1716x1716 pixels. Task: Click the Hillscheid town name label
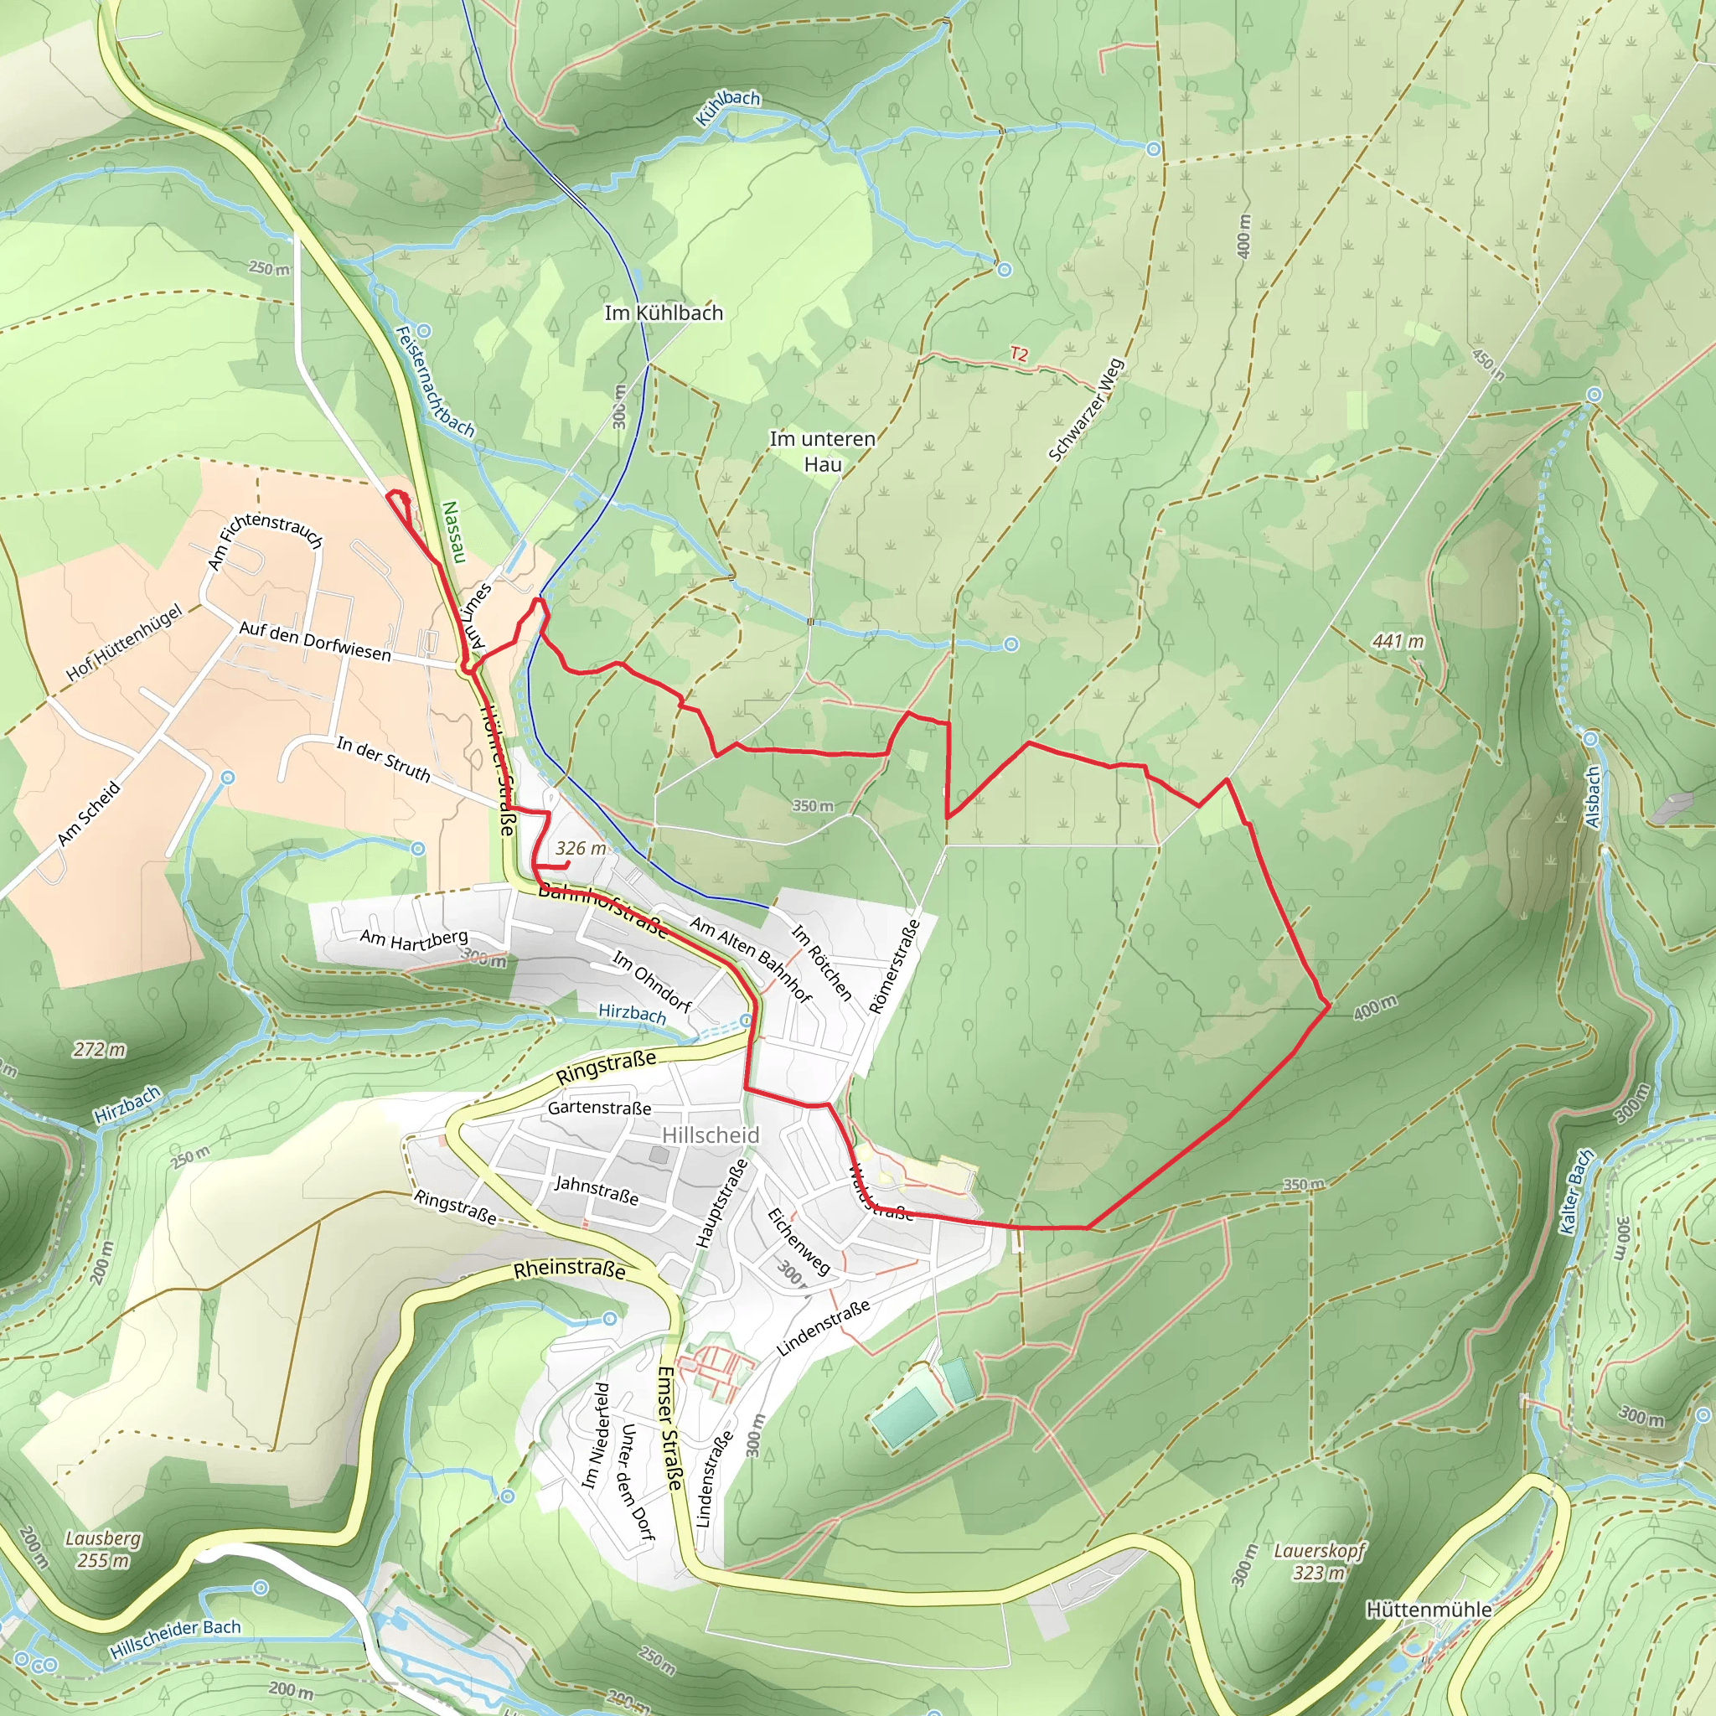pyautogui.click(x=711, y=1135)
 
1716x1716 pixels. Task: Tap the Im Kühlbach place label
pyautogui.click(x=664, y=313)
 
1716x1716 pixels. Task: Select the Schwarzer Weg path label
pyautogui.click(x=1085, y=411)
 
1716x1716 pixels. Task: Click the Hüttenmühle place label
pyautogui.click(x=1429, y=1610)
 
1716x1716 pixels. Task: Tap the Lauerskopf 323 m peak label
pyautogui.click(x=1319, y=1562)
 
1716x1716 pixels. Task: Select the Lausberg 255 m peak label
pyautogui.click(x=103, y=1549)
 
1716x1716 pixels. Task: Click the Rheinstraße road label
pyautogui.click(x=569, y=1269)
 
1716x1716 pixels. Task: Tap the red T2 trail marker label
pyautogui.click(x=1019, y=354)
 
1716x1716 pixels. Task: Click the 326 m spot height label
pyautogui.click(x=581, y=848)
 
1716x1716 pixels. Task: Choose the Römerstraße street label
pyautogui.click(x=894, y=966)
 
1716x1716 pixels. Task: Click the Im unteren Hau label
pyautogui.click(x=823, y=452)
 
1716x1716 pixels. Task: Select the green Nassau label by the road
pyautogui.click(x=453, y=533)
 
